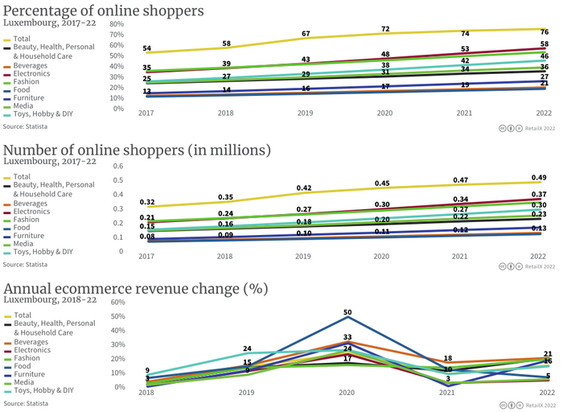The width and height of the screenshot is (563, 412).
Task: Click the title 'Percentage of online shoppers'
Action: click(104, 11)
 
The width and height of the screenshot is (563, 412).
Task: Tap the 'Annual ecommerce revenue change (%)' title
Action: click(136, 288)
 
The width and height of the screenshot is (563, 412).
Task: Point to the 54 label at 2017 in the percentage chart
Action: click(146, 49)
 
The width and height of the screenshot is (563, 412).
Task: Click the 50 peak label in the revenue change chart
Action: click(347, 311)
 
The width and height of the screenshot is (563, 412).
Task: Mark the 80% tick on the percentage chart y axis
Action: click(117, 24)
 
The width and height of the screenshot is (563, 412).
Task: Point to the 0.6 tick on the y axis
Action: click(117, 167)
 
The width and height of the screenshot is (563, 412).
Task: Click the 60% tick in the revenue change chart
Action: click(117, 303)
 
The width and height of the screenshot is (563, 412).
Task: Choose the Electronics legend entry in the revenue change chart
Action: click(32, 350)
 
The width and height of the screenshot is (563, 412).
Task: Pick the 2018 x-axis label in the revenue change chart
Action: click(147, 393)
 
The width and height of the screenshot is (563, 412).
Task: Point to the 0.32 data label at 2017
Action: click(147, 202)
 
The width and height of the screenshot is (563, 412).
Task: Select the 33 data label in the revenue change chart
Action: click(347, 338)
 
